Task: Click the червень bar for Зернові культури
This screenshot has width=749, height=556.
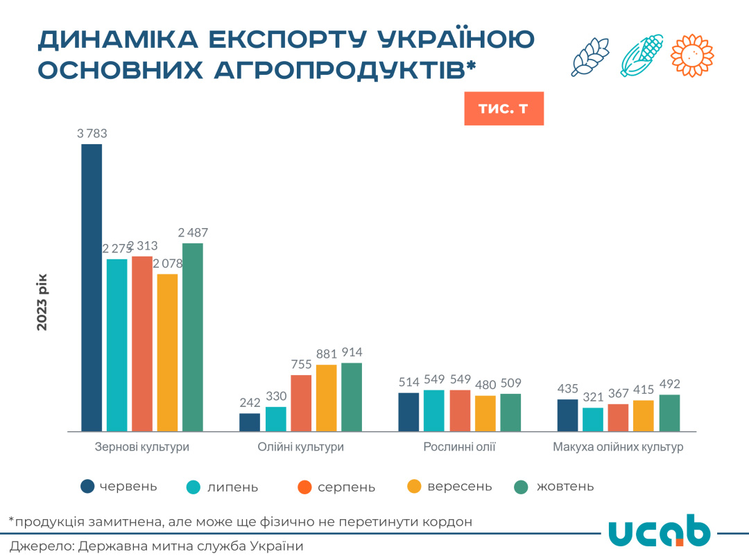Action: click(92, 288)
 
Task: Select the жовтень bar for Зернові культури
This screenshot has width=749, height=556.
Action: click(193, 337)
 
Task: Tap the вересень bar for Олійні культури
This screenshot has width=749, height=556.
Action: click(326, 398)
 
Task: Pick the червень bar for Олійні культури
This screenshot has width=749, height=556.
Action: click(250, 422)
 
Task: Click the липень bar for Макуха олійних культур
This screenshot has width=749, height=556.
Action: click(593, 419)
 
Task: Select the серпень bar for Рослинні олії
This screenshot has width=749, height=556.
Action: click(460, 410)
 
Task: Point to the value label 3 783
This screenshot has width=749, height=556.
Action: click(92, 134)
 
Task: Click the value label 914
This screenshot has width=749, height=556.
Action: click(352, 352)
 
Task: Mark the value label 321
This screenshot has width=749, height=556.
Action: click(593, 397)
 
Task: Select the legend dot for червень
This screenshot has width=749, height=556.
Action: click(87, 487)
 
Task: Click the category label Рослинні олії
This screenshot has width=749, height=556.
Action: click(459, 447)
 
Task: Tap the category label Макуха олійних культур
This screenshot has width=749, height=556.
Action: click(618, 447)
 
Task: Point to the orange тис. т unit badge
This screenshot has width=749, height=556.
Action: click(503, 109)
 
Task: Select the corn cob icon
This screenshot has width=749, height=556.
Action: click(642, 55)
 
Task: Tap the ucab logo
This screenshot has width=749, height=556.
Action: click(659, 530)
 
